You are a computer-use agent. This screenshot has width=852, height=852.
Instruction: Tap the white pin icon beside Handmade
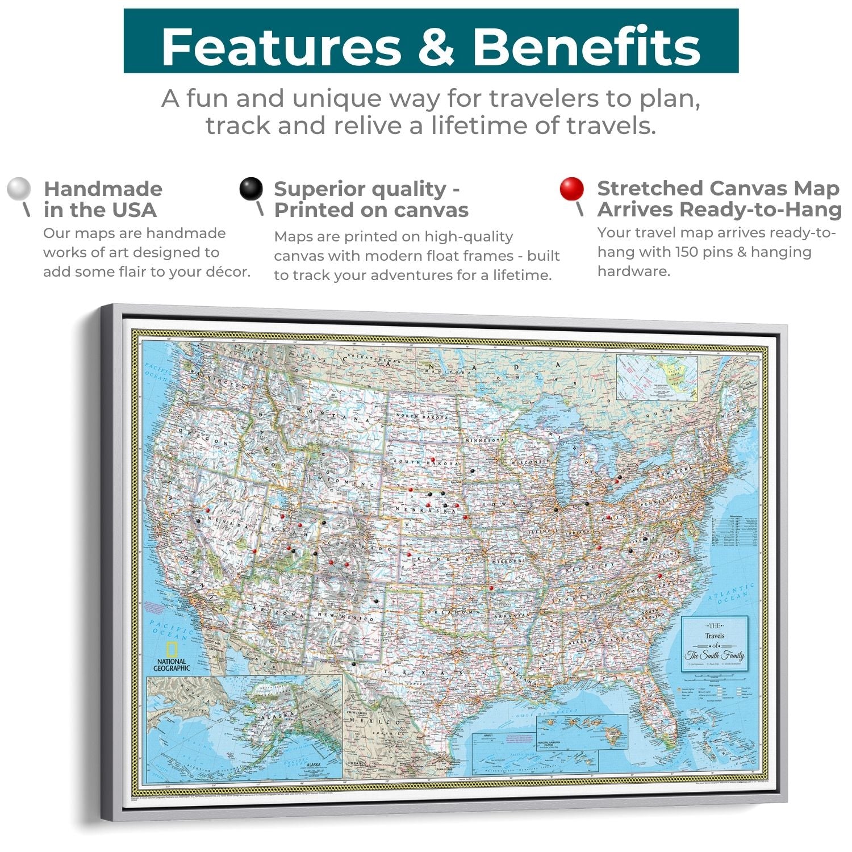(19, 189)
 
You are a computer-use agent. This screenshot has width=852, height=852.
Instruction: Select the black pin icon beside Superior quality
(250, 189)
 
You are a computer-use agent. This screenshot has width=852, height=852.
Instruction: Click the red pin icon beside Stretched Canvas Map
(571, 189)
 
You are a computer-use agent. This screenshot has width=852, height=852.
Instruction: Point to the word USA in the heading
(134, 210)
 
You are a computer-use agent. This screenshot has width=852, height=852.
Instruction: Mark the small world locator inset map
(657, 377)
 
